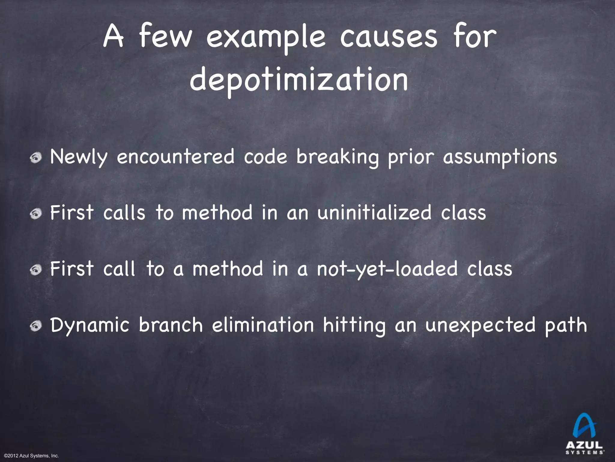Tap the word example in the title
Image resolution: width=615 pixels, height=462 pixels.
click(x=266, y=38)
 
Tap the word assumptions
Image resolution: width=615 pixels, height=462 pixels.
click(x=500, y=157)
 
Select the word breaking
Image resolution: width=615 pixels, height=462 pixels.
click(x=338, y=157)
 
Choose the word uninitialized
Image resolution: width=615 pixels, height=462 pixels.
click(x=374, y=213)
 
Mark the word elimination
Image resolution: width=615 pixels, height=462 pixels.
click(x=263, y=325)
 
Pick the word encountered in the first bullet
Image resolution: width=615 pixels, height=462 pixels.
click(x=176, y=157)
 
